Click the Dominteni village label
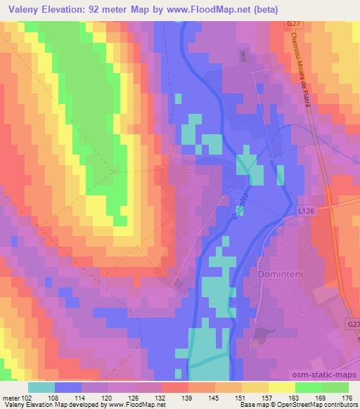pyautogui.click(x=281, y=272)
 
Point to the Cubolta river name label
pyautogui.click(x=238, y=209)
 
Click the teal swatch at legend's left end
pyautogui.click(x=41, y=387)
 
